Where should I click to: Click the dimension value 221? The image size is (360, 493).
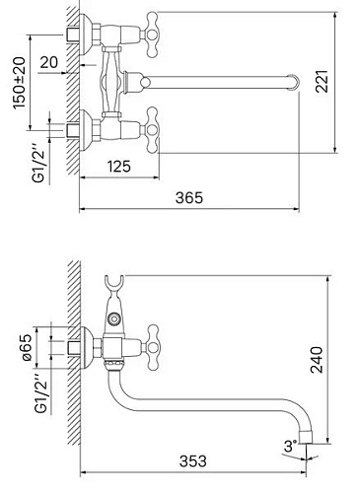coord(322,82)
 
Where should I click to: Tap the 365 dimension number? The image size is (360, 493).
coord(189,198)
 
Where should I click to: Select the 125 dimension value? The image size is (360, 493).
coord(119,167)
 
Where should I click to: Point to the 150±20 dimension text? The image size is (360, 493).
coord(20,83)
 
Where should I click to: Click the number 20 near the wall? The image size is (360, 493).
coord(49,62)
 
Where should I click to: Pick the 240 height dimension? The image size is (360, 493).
coord(317,359)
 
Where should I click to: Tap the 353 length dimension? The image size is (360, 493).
coord(193,461)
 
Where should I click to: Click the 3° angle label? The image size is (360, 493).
coord(290,447)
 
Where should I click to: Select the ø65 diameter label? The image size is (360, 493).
coord(28,347)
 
